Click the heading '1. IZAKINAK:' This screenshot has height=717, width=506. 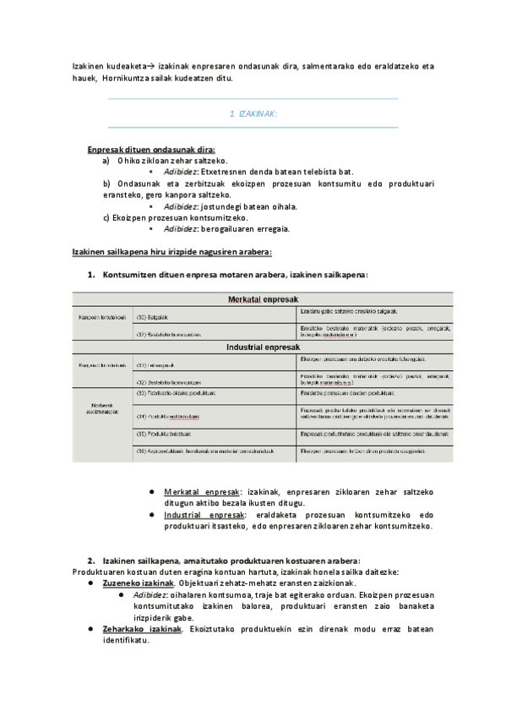pyautogui.click(x=253, y=113)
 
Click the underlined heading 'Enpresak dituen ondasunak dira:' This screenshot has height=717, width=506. pyautogui.click(x=151, y=149)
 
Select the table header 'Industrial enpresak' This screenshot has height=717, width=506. pyautogui.click(x=262, y=348)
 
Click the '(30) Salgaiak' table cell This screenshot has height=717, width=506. pyautogui.click(x=153, y=318)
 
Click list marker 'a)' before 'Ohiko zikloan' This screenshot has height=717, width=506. pyautogui.click(x=106, y=160)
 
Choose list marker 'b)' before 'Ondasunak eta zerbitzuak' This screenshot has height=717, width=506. pyautogui.click(x=106, y=183)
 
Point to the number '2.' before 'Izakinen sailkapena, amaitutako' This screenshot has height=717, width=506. pyautogui.click(x=91, y=561)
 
